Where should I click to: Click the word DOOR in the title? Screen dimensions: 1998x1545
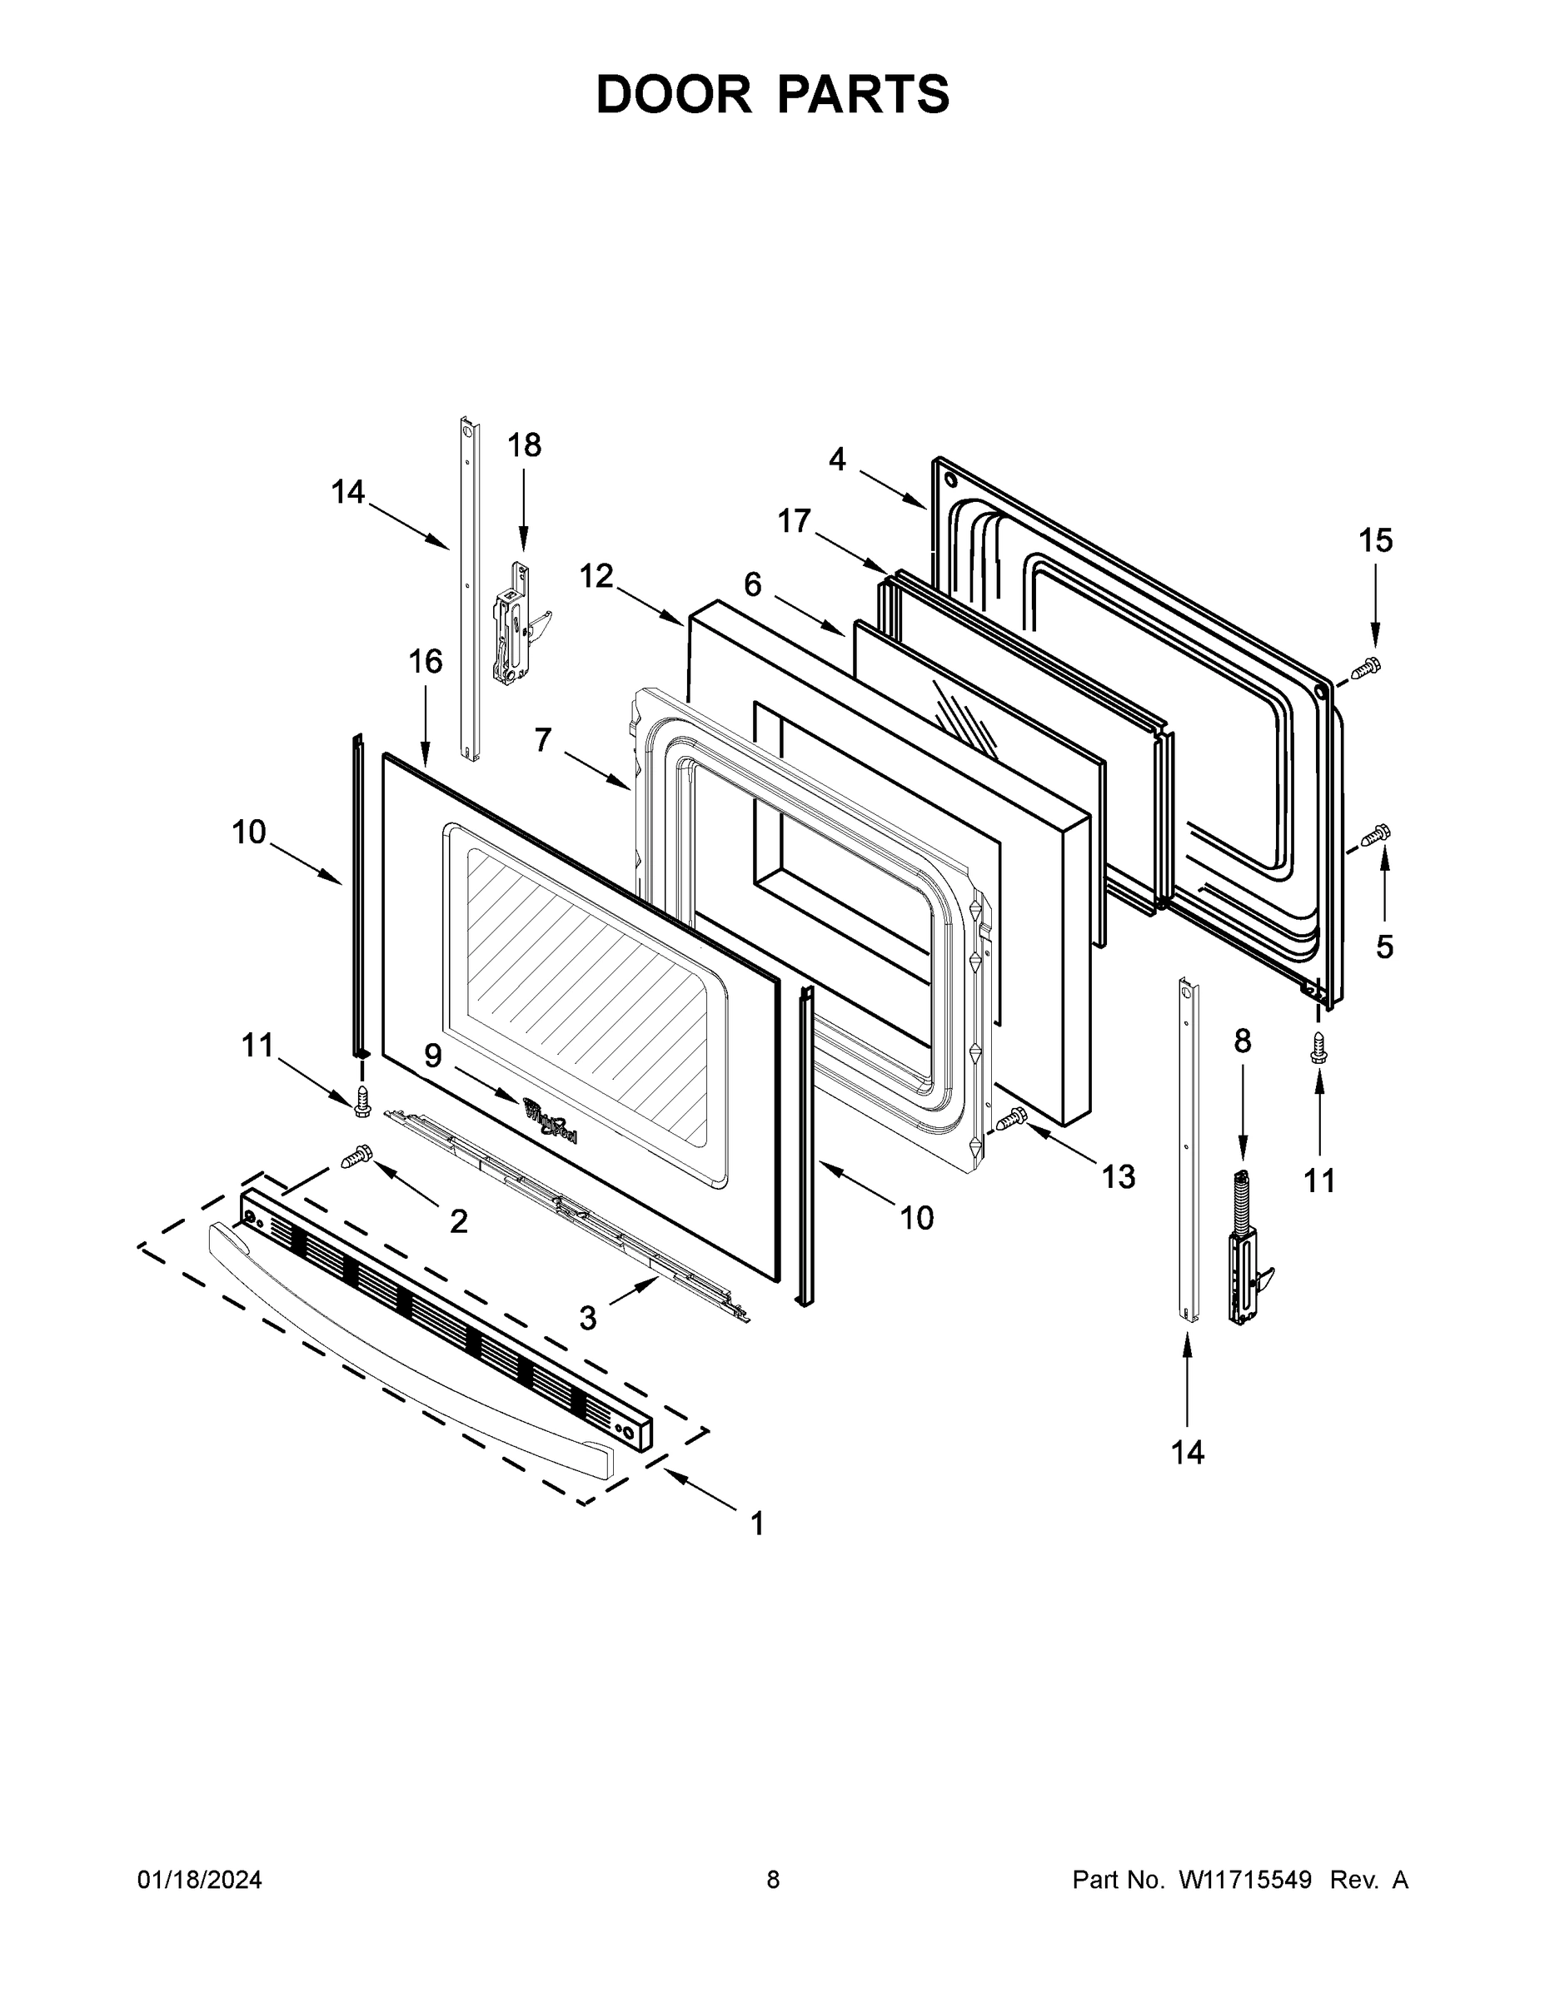click(673, 95)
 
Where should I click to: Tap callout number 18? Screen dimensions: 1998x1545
click(524, 445)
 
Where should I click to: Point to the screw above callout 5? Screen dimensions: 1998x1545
click(1375, 834)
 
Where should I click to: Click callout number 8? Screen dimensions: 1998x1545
click(1242, 1041)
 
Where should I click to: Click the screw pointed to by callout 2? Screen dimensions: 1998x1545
click(354, 1158)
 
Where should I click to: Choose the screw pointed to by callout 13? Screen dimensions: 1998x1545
click(1011, 1117)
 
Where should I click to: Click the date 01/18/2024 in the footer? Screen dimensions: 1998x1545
click(200, 1880)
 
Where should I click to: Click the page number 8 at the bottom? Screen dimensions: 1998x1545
click(773, 1880)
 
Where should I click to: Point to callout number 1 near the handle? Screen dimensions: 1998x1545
click(757, 1523)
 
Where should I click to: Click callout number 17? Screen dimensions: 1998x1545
click(794, 520)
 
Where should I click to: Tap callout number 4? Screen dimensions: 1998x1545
click(838, 460)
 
